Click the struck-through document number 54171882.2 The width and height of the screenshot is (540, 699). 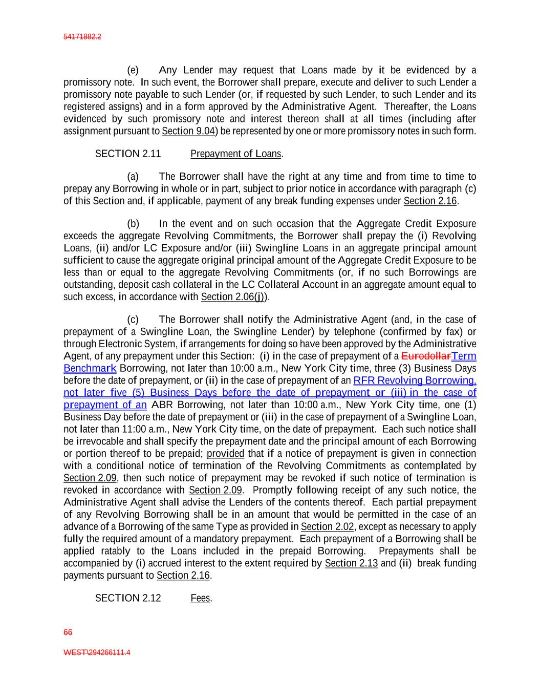(82, 37)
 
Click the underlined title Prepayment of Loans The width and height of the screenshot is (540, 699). (236, 154)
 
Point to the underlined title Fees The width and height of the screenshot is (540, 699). (200, 598)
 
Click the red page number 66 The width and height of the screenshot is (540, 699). (68, 632)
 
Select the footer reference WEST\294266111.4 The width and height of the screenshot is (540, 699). (97, 652)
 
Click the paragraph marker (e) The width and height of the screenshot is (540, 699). (133, 70)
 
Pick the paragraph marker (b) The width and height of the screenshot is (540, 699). (133, 224)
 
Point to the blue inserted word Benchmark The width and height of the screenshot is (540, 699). (90, 368)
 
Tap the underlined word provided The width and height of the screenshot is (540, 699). (225, 454)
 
